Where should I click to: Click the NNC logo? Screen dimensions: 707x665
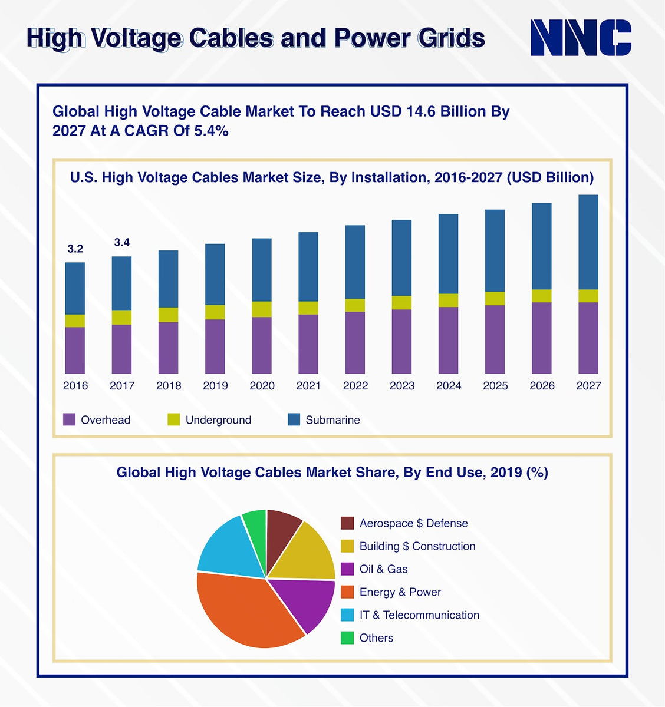click(x=581, y=38)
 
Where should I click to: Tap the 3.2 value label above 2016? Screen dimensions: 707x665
click(x=75, y=249)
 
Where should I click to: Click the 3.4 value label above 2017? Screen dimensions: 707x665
click(x=121, y=242)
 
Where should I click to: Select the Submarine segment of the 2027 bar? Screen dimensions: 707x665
click(x=588, y=242)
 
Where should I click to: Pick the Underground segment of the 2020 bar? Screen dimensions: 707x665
click(x=262, y=309)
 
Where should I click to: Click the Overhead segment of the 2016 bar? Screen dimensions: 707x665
click(x=75, y=350)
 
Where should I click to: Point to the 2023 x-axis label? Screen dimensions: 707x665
click(x=402, y=386)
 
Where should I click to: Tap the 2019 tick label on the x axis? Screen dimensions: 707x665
click(x=215, y=386)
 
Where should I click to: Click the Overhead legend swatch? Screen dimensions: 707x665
click(x=70, y=419)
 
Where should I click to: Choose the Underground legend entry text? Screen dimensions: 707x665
click(x=218, y=420)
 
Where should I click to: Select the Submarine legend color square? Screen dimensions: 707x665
click(x=294, y=419)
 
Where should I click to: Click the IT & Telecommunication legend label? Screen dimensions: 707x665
click(x=419, y=615)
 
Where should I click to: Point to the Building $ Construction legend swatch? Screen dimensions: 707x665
click(x=347, y=546)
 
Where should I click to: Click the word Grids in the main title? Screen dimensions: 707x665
click(x=451, y=38)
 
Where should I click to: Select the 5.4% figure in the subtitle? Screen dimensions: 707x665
click(x=211, y=131)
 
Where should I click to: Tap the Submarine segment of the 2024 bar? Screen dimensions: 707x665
click(x=449, y=253)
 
